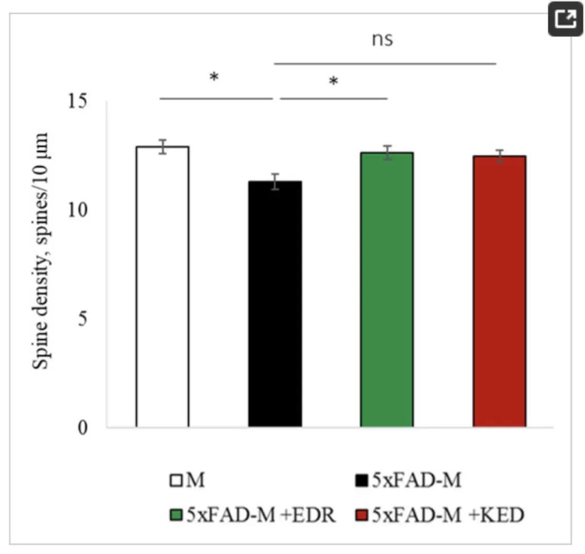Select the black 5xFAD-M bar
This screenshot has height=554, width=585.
[x=275, y=304]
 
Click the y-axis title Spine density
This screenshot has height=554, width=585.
[x=41, y=251]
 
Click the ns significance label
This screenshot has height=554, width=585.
[x=383, y=39]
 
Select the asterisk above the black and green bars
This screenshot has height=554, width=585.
[x=334, y=82]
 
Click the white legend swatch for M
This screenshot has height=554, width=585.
[x=176, y=481]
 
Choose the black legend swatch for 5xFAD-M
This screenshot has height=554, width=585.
[x=362, y=481]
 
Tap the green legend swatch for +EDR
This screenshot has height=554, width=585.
[x=176, y=514]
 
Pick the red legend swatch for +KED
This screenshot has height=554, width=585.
[x=362, y=514]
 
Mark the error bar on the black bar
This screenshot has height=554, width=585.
[x=276, y=181]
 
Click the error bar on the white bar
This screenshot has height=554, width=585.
[x=163, y=147]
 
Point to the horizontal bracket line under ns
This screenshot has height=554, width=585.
[x=385, y=64]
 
